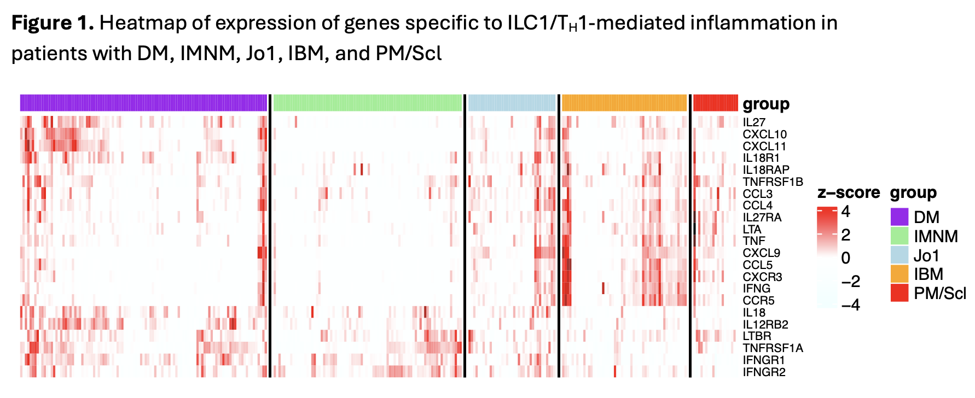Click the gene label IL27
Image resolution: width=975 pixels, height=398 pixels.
(753, 122)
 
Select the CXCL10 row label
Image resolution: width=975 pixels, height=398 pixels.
(764, 134)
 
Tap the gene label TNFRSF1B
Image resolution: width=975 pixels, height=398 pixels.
(773, 182)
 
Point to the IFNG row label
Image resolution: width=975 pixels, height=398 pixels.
(756, 289)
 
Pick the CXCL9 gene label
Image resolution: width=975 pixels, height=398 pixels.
(761, 253)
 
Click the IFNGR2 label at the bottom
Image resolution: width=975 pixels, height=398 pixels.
(764, 372)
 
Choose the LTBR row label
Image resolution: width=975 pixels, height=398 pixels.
(757, 336)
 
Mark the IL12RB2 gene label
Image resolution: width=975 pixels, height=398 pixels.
(765, 325)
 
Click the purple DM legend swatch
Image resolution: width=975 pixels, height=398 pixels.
(899, 217)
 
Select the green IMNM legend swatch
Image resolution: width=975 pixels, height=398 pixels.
(899, 236)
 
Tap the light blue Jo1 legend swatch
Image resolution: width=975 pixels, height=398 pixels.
(899, 255)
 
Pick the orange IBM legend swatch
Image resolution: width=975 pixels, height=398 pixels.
(899, 274)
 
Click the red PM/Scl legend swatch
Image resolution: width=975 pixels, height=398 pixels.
(899, 293)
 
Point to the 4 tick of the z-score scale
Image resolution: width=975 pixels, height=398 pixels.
(845, 212)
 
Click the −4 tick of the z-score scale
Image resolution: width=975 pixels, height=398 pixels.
(850, 305)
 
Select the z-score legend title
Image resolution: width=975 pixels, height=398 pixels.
(848, 192)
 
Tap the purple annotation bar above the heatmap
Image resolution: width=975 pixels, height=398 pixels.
(143, 103)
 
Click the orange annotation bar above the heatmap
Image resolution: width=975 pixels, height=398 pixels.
(624, 103)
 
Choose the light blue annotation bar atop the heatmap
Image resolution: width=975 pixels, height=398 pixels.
(512, 103)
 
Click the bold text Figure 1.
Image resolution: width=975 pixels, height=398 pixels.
(53, 23)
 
